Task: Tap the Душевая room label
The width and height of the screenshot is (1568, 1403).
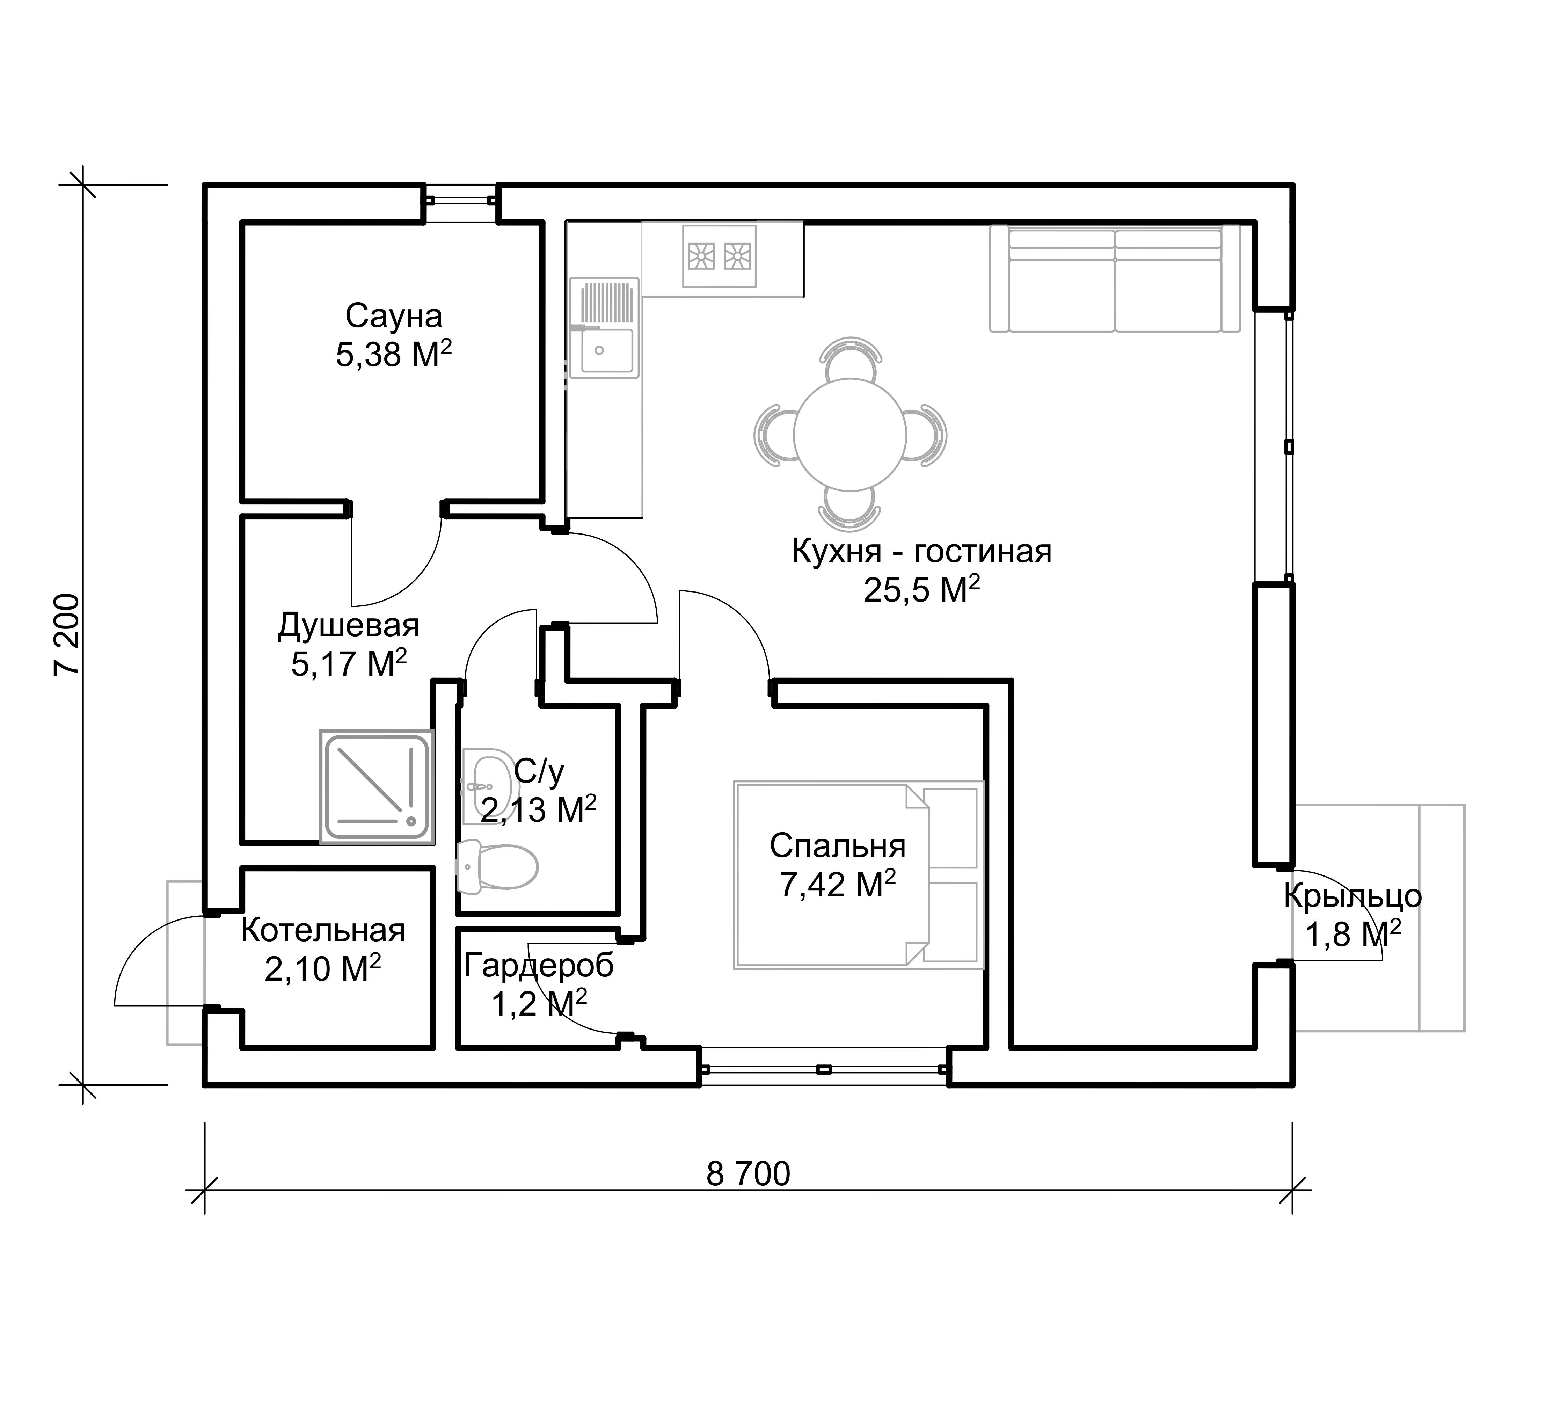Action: pyautogui.click(x=349, y=625)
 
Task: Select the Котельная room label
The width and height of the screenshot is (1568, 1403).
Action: pyautogui.click(x=323, y=930)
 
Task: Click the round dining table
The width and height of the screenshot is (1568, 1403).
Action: pyautogui.click(x=849, y=435)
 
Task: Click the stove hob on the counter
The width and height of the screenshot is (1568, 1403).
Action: pyautogui.click(x=719, y=256)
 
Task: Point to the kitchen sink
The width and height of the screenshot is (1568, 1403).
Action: pyautogui.click(x=605, y=328)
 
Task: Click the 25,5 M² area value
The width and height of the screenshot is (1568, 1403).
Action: pyautogui.click(x=922, y=590)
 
